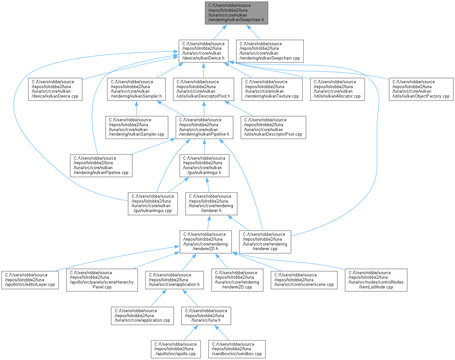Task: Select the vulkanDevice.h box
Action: point(203,51)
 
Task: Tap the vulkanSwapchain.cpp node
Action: point(270,51)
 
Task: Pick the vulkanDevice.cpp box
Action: point(55,89)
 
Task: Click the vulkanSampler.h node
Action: point(137,89)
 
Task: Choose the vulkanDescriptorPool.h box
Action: point(203,89)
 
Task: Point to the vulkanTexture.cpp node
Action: point(272,89)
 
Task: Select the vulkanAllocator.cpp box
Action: point(337,89)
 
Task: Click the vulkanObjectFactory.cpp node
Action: point(421,89)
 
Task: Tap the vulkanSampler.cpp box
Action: point(137,127)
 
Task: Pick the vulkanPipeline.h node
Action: point(204,127)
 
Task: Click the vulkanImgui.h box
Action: point(204,165)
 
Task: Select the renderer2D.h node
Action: point(206,242)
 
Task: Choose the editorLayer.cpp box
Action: point(30,280)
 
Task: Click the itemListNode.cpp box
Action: point(376,280)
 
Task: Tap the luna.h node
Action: point(206,315)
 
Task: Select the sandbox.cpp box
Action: point(237,349)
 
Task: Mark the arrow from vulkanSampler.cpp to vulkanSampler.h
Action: point(137,108)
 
